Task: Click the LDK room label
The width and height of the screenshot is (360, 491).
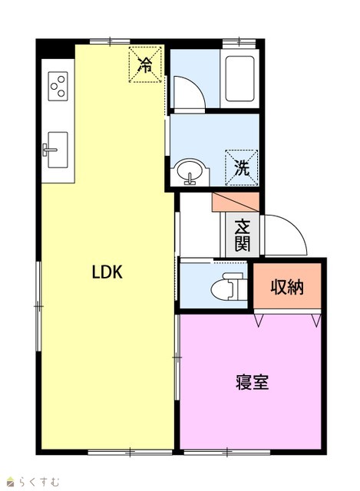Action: [x=107, y=272]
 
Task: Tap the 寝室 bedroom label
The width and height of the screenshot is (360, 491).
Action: [x=253, y=382]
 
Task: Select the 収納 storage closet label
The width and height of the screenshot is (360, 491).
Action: [x=287, y=286]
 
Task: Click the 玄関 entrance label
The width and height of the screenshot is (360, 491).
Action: [x=243, y=235]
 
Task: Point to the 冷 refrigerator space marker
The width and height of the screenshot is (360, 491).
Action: [x=145, y=64]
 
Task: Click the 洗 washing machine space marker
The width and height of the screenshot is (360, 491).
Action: [x=242, y=168]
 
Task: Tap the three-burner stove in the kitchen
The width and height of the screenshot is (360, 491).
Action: [x=58, y=86]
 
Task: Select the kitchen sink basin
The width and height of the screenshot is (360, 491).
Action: [x=58, y=150]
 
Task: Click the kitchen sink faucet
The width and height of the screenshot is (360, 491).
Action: [x=49, y=150]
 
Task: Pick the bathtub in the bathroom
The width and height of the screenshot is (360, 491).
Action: [x=239, y=78]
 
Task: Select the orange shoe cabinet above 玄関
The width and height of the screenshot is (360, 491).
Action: [x=236, y=202]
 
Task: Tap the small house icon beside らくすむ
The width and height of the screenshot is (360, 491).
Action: [x=11, y=481]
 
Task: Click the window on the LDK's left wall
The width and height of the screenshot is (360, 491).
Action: [x=38, y=306]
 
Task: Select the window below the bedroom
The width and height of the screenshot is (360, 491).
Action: [x=227, y=452]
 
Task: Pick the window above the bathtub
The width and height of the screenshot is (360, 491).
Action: [x=239, y=41]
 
